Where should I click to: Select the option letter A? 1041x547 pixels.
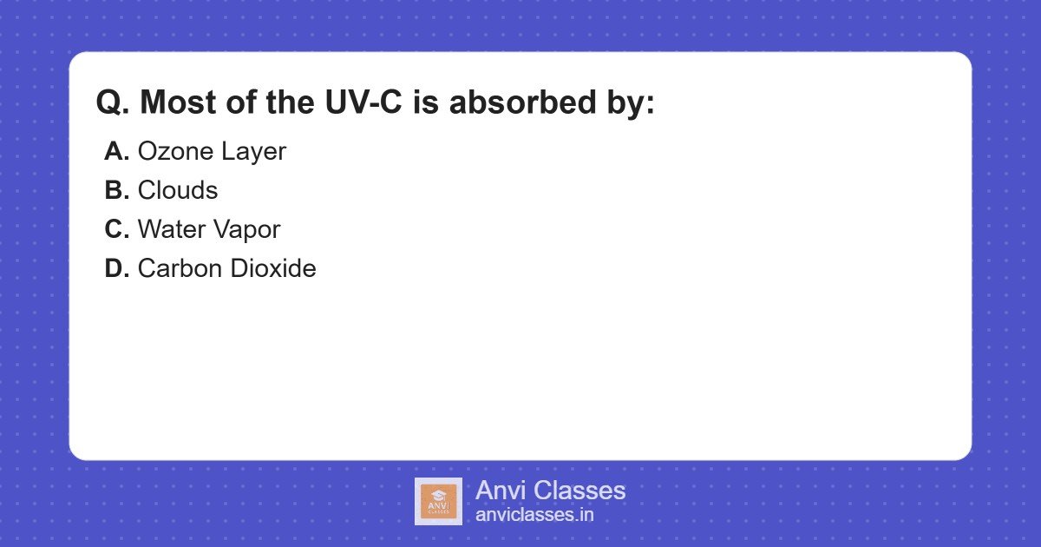116,152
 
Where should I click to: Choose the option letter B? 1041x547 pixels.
116,191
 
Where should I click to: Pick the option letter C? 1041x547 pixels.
116,230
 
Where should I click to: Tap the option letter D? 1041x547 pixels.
116,269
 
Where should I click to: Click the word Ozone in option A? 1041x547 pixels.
175,152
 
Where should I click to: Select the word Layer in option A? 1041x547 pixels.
252,153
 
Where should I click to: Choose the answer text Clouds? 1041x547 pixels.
178,191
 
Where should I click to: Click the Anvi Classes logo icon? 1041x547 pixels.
438,501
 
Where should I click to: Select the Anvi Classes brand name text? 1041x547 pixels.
550,491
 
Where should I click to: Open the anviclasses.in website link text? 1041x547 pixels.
534,515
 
